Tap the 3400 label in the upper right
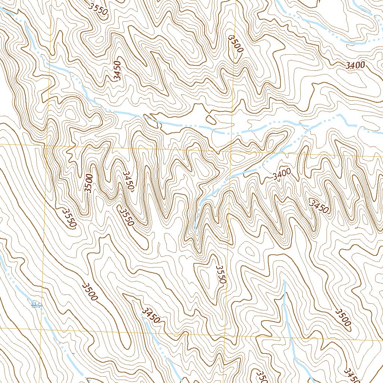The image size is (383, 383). [355, 65]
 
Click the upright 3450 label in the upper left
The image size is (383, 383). [118, 71]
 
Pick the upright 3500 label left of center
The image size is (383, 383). [88, 183]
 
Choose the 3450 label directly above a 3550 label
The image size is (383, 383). [128, 181]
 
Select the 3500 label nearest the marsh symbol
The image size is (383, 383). [90, 292]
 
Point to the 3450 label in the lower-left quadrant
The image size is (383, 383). [151, 315]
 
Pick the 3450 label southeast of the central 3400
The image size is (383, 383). [319, 206]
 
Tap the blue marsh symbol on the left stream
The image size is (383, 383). [36, 305]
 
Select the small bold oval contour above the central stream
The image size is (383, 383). [211, 120]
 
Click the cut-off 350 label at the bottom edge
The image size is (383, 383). [261, 377]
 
